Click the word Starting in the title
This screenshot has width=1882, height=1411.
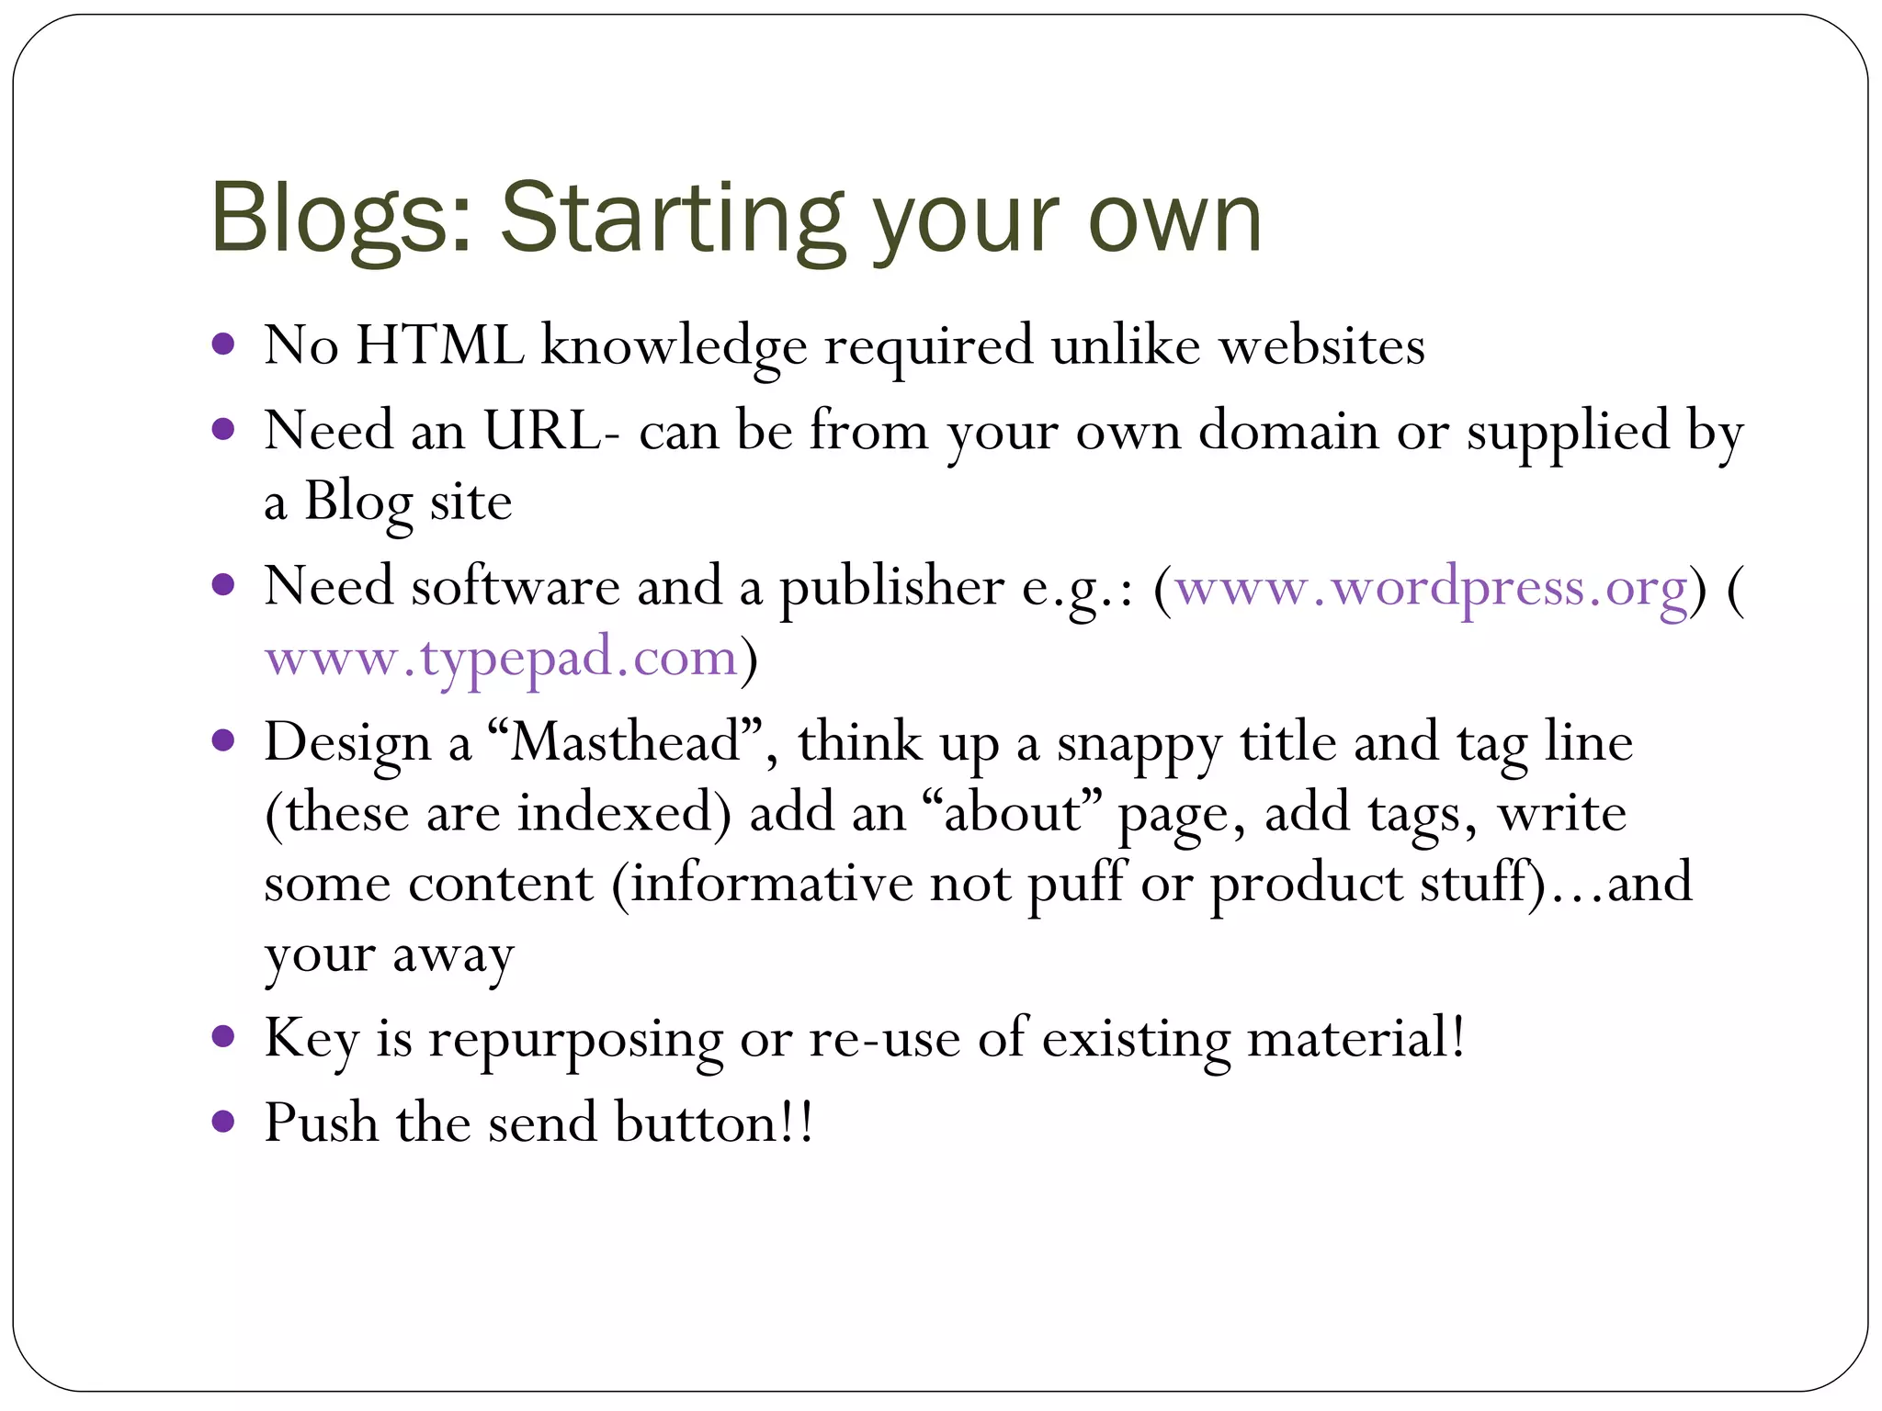[671, 220]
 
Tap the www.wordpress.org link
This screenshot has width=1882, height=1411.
[1431, 588]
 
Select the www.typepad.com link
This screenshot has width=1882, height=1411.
[502, 659]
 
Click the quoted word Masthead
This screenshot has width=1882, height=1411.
[625, 742]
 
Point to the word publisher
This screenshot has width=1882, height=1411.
[892, 588]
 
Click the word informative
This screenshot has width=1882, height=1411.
[771, 884]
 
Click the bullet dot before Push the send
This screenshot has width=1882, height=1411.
[223, 1121]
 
